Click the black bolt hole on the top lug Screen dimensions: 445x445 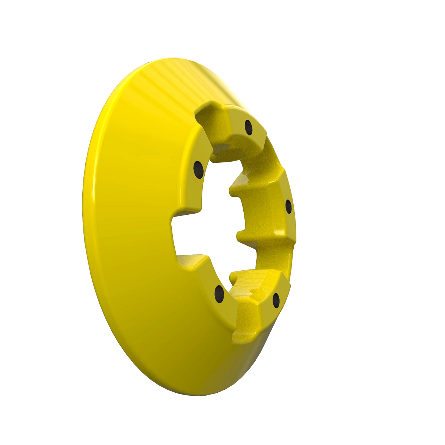pyautogui.click(x=248, y=128)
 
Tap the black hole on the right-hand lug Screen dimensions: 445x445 pyautogui.click(x=289, y=207)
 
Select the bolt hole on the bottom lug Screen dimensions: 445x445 pyautogui.click(x=276, y=300)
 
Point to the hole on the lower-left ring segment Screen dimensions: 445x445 pyautogui.click(x=220, y=294)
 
